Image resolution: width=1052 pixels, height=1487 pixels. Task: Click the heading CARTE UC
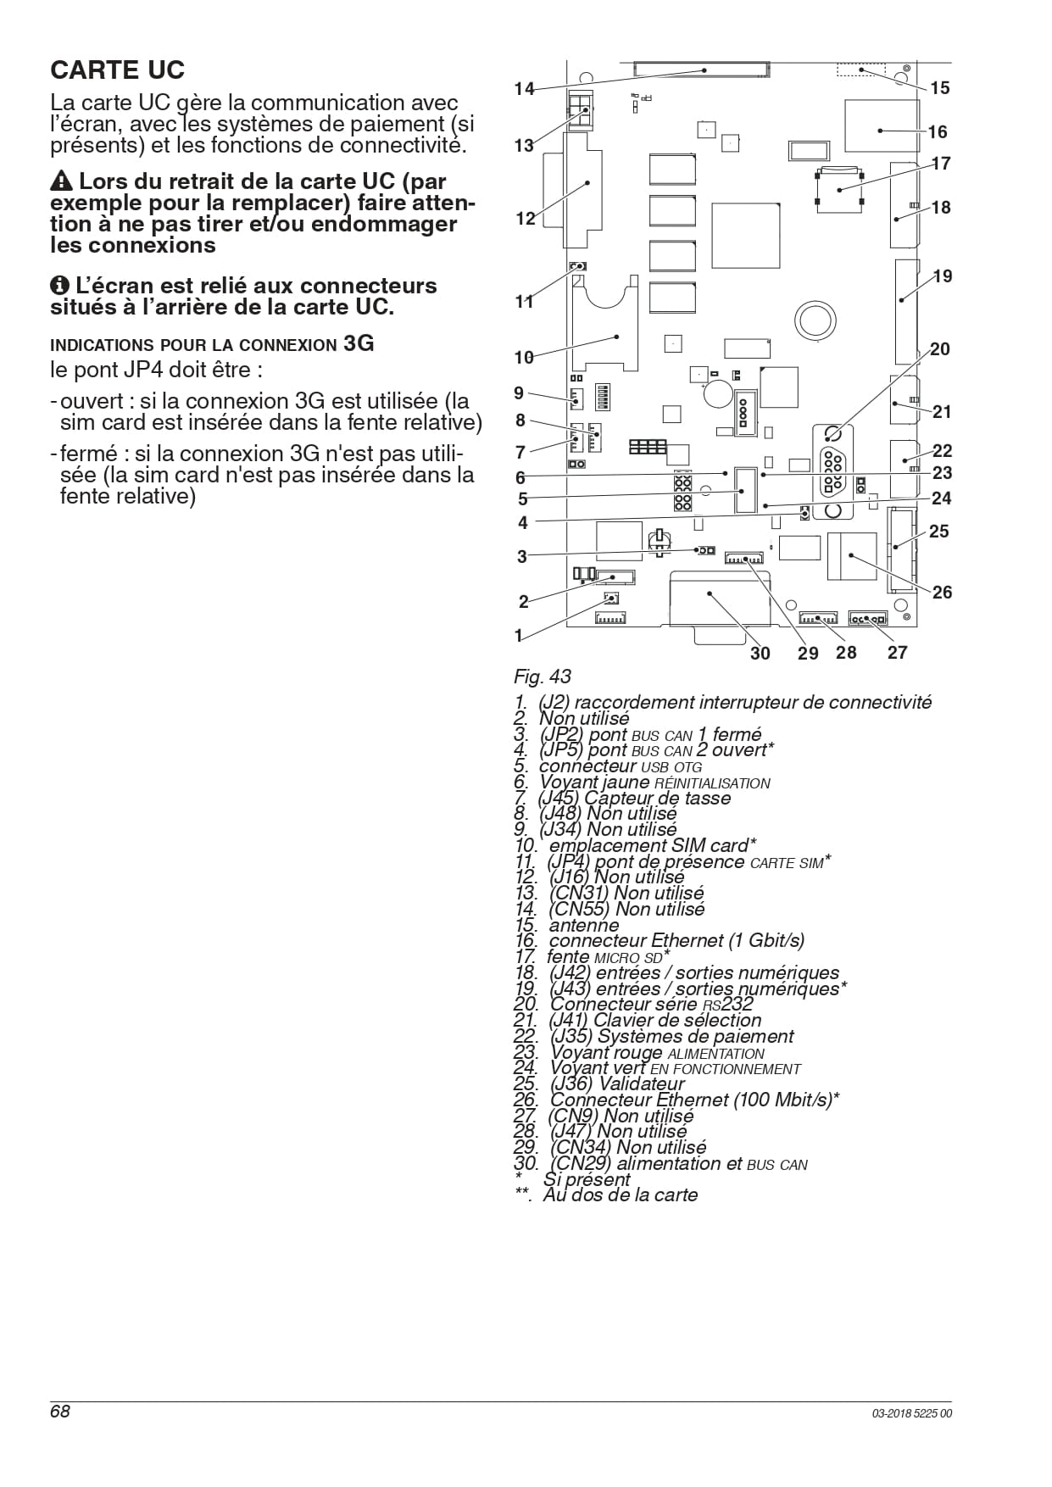(117, 70)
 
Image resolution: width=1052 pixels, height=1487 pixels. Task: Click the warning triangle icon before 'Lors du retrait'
(61, 181)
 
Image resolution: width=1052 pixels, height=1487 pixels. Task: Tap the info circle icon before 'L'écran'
(59, 286)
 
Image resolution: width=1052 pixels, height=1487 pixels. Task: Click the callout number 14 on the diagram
(524, 88)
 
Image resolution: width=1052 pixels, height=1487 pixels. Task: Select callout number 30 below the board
(760, 653)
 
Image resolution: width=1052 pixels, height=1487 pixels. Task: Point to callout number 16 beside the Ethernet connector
(938, 132)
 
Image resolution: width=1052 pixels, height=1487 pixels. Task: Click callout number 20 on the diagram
(940, 349)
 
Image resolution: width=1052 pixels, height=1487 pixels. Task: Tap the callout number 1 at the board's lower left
(519, 636)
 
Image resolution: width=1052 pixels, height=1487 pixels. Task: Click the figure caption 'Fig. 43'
(543, 677)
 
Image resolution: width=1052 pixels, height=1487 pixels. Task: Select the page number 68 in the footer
(60, 1412)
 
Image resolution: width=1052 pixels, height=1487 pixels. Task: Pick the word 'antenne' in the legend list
(584, 926)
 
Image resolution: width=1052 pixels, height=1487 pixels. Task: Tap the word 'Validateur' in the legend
(642, 1084)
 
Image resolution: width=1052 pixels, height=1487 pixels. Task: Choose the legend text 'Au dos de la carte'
(621, 1195)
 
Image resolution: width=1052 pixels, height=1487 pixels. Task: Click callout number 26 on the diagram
(943, 593)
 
